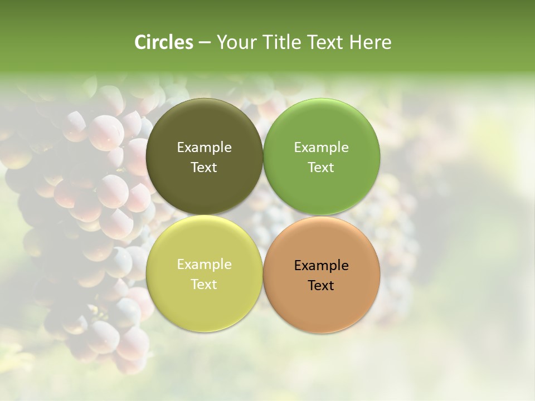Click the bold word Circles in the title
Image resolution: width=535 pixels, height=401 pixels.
[x=163, y=42]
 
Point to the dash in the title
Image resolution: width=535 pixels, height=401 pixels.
[x=205, y=43]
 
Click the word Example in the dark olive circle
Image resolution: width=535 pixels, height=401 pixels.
[x=204, y=148]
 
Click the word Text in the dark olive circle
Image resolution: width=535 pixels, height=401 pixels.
[x=204, y=168]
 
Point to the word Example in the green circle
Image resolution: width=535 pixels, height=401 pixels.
[x=321, y=148]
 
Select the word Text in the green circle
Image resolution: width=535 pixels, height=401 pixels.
[x=321, y=168]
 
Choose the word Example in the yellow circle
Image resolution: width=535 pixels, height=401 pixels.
[x=204, y=265]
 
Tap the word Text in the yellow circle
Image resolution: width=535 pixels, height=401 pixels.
[x=204, y=285]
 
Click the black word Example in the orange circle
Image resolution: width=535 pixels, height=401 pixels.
[x=321, y=266]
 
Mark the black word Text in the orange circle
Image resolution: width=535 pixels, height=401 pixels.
[x=321, y=286]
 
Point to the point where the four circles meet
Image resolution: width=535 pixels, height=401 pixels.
[x=263, y=215]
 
